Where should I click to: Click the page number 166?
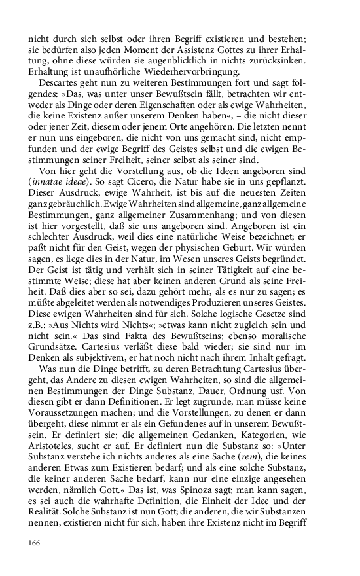pyautogui.click(x=35, y=543)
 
